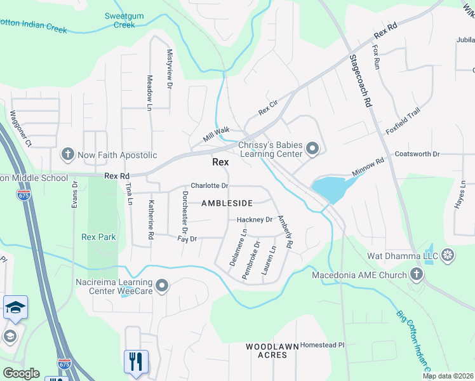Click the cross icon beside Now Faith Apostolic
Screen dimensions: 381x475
tap(68, 154)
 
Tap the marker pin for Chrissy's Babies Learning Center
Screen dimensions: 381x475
tap(312, 149)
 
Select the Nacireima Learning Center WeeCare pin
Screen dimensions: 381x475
tap(162, 286)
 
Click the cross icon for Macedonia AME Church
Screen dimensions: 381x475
tap(417, 274)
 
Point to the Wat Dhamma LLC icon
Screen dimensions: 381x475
tap(448, 257)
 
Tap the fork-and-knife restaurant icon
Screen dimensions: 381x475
tap(136, 362)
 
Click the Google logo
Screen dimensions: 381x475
tap(21, 373)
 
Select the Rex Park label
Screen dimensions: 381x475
tap(98, 237)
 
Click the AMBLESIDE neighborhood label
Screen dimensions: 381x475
tap(227, 203)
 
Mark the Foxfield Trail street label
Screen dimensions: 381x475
tap(403, 121)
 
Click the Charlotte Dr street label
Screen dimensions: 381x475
tap(210, 185)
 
